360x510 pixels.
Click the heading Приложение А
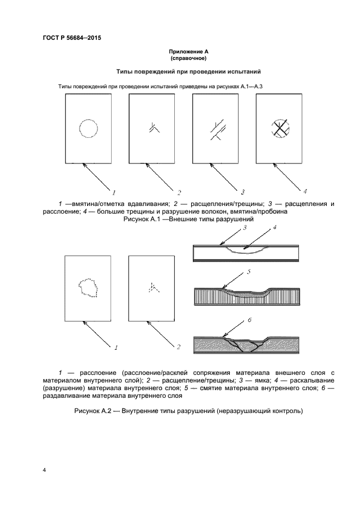pyautogui.click(x=188, y=51)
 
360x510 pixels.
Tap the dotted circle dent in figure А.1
pyautogui.click(x=88, y=129)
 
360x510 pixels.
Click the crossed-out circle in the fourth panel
pyautogui.click(x=280, y=129)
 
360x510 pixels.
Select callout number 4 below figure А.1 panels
pyautogui.click(x=305, y=191)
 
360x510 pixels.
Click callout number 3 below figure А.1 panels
pyautogui.click(x=242, y=192)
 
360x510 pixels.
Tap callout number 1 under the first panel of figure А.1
pyautogui.click(x=114, y=192)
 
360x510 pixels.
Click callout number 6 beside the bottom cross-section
pyautogui.click(x=249, y=321)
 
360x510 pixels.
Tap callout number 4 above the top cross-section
pyautogui.click(x=274, y=228)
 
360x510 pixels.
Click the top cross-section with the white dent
pyautogui.click(x=248, y=252)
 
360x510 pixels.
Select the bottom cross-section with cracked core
pyautogui.click(x=248, y=344)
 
